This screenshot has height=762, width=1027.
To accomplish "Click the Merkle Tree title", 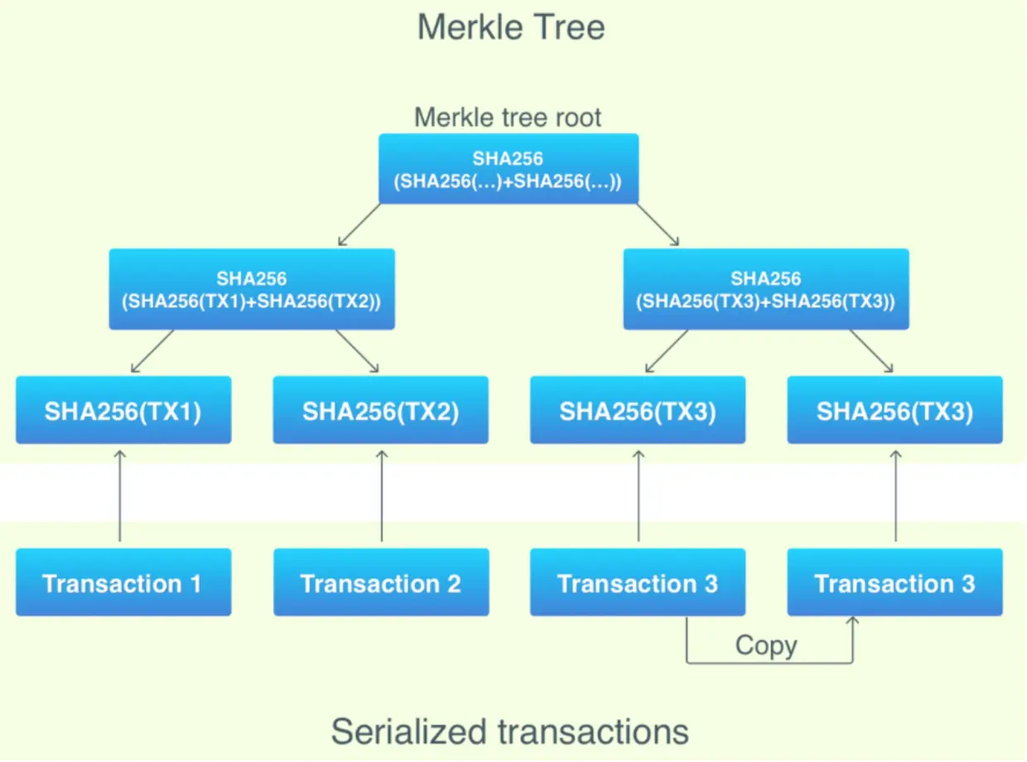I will [x=511, y=27].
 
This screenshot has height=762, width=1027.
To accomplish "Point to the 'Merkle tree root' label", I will [x=508, y=117].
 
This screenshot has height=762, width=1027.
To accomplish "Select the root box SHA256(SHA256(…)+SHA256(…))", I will [x=509, y=169].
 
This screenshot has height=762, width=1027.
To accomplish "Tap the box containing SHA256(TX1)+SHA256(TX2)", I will [x=252, y=289].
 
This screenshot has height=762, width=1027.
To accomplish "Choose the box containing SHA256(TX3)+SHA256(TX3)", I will [x=766, y=289].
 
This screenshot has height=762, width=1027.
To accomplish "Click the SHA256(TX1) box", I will [x=123, y=411].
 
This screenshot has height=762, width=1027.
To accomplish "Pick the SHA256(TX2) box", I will [x=380, y=411].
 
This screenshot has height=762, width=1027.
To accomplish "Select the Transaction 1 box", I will [x=123, y=582].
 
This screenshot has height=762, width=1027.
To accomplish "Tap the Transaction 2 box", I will [x=380, y=582].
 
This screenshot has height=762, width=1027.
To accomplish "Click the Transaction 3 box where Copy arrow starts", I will [x=638, y=582].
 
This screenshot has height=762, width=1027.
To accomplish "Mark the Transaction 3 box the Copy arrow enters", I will [x=894, y=582].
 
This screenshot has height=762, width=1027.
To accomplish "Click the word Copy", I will [x=766, y=645].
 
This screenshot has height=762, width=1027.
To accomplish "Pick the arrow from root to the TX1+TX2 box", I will [x=359, y=224].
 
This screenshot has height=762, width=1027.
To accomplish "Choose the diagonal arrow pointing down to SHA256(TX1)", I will [x=152, y=351].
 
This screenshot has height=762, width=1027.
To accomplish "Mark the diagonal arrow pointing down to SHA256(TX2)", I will [x=357, y=351].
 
